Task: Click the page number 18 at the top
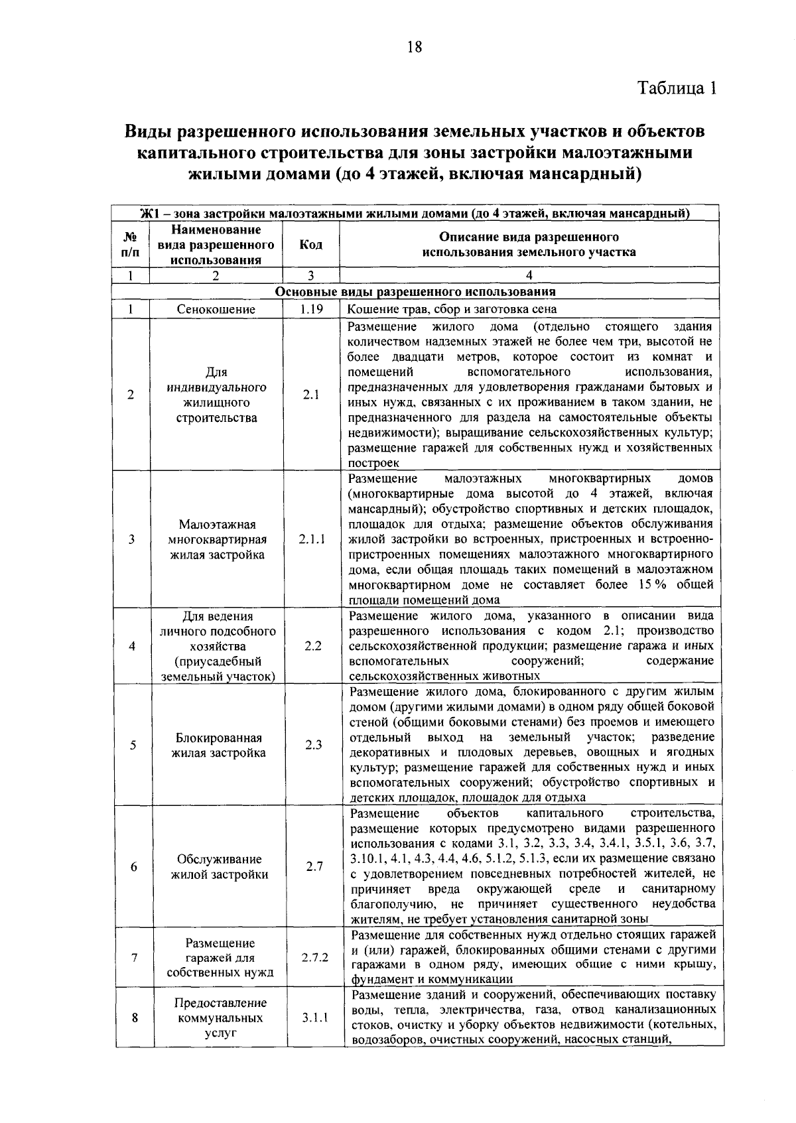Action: tap(414, 46)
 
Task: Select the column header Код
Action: tap(310, 245)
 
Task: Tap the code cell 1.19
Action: tap(310, 309)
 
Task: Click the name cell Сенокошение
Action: tap(216, 309)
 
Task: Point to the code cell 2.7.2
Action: tap(314, 958)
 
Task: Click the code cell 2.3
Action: tap(313, 745)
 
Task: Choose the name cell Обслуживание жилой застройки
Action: tap(220, 867)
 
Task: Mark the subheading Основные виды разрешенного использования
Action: tap(415, 292)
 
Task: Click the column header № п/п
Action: tap(131, 245)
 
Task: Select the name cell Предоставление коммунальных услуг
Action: tap(221, 1018)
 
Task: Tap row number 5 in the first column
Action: tap(133, 745)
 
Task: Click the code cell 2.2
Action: tap(312, 646)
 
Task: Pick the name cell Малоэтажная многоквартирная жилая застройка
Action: tap(218, 539)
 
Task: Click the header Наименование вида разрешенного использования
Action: tap(216, 245)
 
